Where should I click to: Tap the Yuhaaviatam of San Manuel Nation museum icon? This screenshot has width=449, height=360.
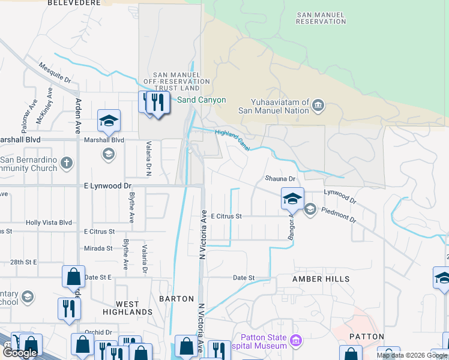coord(318,107)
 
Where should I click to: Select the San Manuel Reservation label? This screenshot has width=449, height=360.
coord(321,18)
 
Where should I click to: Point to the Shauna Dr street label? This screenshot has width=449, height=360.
coord(280,179)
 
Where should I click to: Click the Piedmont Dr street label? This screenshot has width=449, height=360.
coord(339,215)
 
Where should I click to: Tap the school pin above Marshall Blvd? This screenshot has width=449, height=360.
coord(109,121)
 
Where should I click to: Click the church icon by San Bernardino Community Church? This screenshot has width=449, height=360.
coord(67,163)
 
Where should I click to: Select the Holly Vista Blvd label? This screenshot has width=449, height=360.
coord(49,223)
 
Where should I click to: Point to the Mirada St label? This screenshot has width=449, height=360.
coord(98,248)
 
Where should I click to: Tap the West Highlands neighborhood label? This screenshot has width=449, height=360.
coord(125,308)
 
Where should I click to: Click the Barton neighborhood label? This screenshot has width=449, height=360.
coord(176,298)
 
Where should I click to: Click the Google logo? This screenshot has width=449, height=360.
coord(19,353)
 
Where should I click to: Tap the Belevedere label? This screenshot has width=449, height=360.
coord(73,3)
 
